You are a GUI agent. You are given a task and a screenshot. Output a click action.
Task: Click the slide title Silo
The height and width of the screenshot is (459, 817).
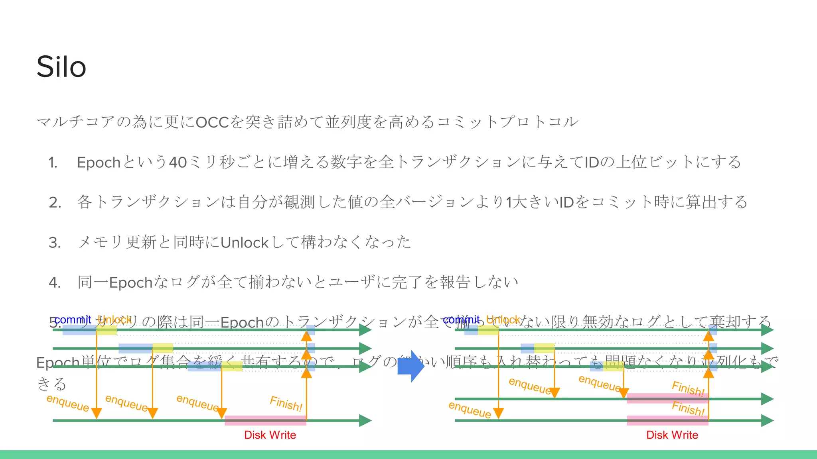pos(61,67)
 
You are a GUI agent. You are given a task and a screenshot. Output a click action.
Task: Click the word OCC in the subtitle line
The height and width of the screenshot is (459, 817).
pos(212,122)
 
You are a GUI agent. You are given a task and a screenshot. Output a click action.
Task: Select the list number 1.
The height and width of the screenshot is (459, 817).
pos(53,163)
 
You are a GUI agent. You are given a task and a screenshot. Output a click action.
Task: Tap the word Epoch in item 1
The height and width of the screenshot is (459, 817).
pos(99,163)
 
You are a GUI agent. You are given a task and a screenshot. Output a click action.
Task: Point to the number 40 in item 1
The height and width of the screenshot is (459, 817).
pos(178,163)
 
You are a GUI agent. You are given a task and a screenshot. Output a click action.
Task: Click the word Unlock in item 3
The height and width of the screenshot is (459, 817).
pos(245,243)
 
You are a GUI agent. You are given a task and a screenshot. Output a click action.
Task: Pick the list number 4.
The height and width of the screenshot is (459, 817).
pos(54,283)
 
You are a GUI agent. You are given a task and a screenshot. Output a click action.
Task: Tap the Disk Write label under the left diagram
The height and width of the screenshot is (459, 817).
pos(270,435)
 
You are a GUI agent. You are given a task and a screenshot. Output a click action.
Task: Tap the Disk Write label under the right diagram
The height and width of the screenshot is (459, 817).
pos(672,435)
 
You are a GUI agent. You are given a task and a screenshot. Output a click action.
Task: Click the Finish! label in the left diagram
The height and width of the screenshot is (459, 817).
pos(286,404)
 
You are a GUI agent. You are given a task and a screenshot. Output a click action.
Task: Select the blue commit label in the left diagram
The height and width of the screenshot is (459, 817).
pos(73,320)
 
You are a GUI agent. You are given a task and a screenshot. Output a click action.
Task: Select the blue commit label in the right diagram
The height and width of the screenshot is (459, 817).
pos(461,320)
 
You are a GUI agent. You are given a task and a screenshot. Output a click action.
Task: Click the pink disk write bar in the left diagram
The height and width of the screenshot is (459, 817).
pos(265,420)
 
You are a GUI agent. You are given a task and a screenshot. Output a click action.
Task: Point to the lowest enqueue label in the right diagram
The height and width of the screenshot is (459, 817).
pos(470,410)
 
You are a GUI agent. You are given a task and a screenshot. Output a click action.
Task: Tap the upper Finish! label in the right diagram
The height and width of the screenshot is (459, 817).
pos(688,388)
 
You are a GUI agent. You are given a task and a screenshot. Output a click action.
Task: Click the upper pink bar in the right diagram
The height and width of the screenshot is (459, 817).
pos(667,398)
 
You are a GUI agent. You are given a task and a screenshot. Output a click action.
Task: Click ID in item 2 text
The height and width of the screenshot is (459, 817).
pos(566,203)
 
